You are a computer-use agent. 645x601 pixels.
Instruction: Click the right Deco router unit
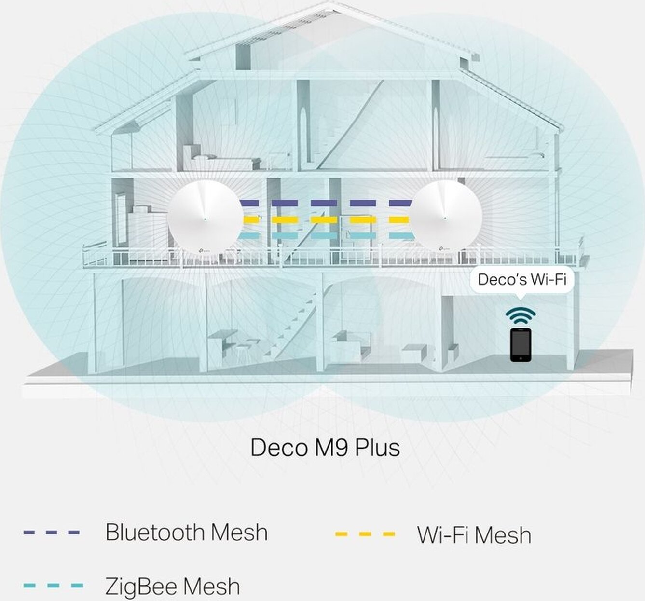(x=446, y=216)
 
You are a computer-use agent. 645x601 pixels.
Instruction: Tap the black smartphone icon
(x=521, y=344)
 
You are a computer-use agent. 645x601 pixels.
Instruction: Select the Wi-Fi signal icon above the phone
(x=521, y=314)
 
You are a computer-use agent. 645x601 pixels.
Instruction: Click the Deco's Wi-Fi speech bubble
(x=521, y=279)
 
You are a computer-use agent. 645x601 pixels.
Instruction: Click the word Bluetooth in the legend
(x=154, y=533)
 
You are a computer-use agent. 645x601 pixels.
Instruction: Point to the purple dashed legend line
(x=51, y=533)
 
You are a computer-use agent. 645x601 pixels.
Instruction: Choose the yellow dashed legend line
(x=365, y=534)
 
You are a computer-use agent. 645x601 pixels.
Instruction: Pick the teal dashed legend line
(x=53, y=586)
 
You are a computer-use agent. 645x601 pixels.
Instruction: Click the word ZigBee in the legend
(x=142, y=587)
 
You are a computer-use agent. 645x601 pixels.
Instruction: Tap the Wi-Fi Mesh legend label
(x=474, y=535)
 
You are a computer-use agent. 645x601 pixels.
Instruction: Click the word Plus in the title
(x=377, y=448)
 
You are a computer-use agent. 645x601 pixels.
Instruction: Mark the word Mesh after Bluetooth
(x=239, y=533)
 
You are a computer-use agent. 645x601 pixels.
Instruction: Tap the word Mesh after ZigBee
(x=211, y=587)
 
